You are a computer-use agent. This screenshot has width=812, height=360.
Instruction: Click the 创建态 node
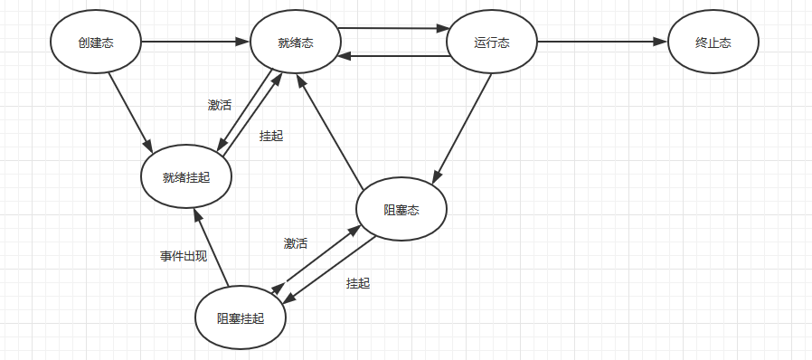(x=96, y=42)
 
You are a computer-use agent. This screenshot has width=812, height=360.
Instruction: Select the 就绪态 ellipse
(x=296, y=42)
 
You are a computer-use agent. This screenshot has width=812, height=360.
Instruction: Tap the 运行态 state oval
(x=493, y=42)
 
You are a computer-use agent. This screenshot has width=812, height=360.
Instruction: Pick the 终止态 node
(x=713, y=42)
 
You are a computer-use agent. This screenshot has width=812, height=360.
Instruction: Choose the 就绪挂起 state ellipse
(x=186, y=176)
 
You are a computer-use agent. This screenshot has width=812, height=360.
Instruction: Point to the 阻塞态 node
(x=401, y=210)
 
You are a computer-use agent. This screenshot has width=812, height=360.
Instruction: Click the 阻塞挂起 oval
(x=241, y=317)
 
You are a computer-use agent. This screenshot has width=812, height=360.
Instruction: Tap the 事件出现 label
(x=184, y=256)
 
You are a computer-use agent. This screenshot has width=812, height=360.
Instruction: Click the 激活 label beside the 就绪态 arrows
(x=220, y=105)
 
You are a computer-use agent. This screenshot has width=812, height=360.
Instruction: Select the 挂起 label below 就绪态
(x=271, y=136)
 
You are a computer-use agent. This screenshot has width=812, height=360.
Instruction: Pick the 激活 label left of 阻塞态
(x=296, y=243)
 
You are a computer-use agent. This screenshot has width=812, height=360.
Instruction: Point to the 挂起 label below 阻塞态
(x=358, y=283)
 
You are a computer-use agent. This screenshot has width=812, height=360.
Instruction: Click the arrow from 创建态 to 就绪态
(x=195, y=42)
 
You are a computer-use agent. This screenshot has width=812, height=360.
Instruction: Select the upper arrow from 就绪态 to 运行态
(x=394, y=28)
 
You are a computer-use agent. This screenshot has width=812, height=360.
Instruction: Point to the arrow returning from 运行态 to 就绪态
(x=394, y=56)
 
